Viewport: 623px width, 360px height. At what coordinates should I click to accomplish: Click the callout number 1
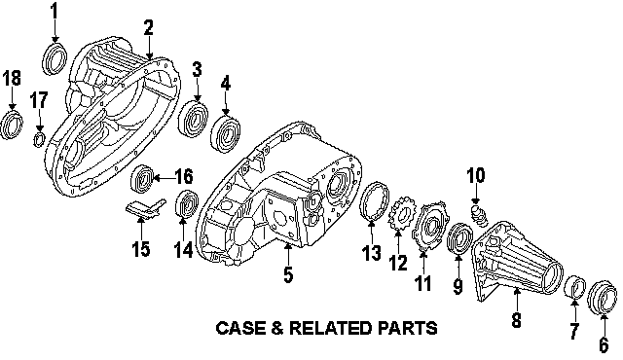tap(54, 12)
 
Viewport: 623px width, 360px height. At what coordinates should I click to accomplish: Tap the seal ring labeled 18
tap(11, 126)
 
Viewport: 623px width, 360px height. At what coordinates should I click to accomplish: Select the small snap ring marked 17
tap(39, 139)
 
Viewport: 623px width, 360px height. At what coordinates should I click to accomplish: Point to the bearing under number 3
tap(194, 119)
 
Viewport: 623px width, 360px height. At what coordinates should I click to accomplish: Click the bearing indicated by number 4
tap(225, 133)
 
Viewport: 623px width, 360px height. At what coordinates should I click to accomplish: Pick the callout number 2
tap(148, 28)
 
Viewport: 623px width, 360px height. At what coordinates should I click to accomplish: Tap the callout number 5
tap(288, 274)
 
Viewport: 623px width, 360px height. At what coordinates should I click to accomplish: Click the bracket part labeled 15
tap(146, 209)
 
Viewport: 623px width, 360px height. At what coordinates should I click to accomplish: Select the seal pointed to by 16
tap(142, 177)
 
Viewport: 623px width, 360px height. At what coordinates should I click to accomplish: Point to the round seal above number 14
tap(186, 203)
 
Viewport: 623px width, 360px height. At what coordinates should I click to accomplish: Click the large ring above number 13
tap(375, 200)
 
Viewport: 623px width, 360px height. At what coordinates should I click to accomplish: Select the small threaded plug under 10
tap(478, 216)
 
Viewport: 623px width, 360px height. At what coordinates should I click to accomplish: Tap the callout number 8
tap(516, 319)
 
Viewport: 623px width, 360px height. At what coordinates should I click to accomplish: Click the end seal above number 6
tap(603, 298)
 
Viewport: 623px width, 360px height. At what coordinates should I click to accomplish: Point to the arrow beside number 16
tap(164, 178)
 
